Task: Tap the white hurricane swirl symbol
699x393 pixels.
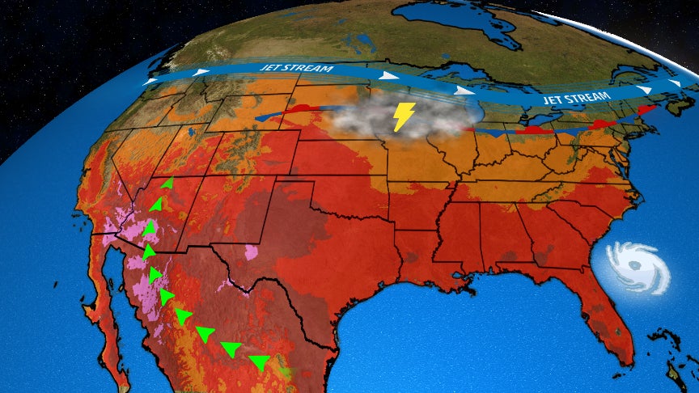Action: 639,268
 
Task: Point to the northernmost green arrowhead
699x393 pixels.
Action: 167,184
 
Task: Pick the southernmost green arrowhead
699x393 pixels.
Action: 261,361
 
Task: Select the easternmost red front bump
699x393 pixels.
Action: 646,109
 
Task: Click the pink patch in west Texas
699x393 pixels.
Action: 252,250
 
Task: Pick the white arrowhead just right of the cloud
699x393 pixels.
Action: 463,90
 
